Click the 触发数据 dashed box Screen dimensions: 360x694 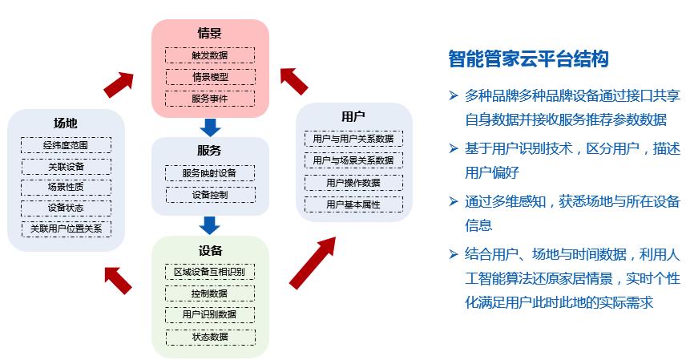pyautogui.click(x=210, y=55)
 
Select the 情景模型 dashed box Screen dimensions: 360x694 pyautogui.click(x=210, y=77)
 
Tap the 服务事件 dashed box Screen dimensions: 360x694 pyautogui.click(x=210, y=99)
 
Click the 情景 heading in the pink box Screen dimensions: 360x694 pyautogui.click(x=210, y=33)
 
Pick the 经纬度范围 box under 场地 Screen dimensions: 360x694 pyautogui.click(x=66, y=145)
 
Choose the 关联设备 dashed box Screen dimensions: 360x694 pyautogui.click(x=66, y=167)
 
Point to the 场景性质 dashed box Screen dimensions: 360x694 pyautogui.click(x=66, y=187)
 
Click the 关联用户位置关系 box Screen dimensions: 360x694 pyautogui.click(x=66, y=229)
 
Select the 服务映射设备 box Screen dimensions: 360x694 pyautogui.click(x=210, y=172)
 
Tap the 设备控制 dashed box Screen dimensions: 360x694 pyautogui.click(x=210, y=194)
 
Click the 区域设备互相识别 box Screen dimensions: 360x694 pyautogui.click(x=210, y=271)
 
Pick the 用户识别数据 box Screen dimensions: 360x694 pyautogui.click(x=210, y=314)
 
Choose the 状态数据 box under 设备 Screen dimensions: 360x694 pyautogui.click(x=210, y=336)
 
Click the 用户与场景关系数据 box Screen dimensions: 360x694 pyautogui.click(x=353, y=160)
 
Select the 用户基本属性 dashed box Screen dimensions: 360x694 pyautogui.click(x=353, y=204)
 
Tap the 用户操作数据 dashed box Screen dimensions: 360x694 pyautogui.click(x=353, y=183)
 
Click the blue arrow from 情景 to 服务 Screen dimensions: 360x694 pyautogui.click(x=210, y=126)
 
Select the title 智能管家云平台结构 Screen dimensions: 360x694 pyautogui.click(x=528, y=59)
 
